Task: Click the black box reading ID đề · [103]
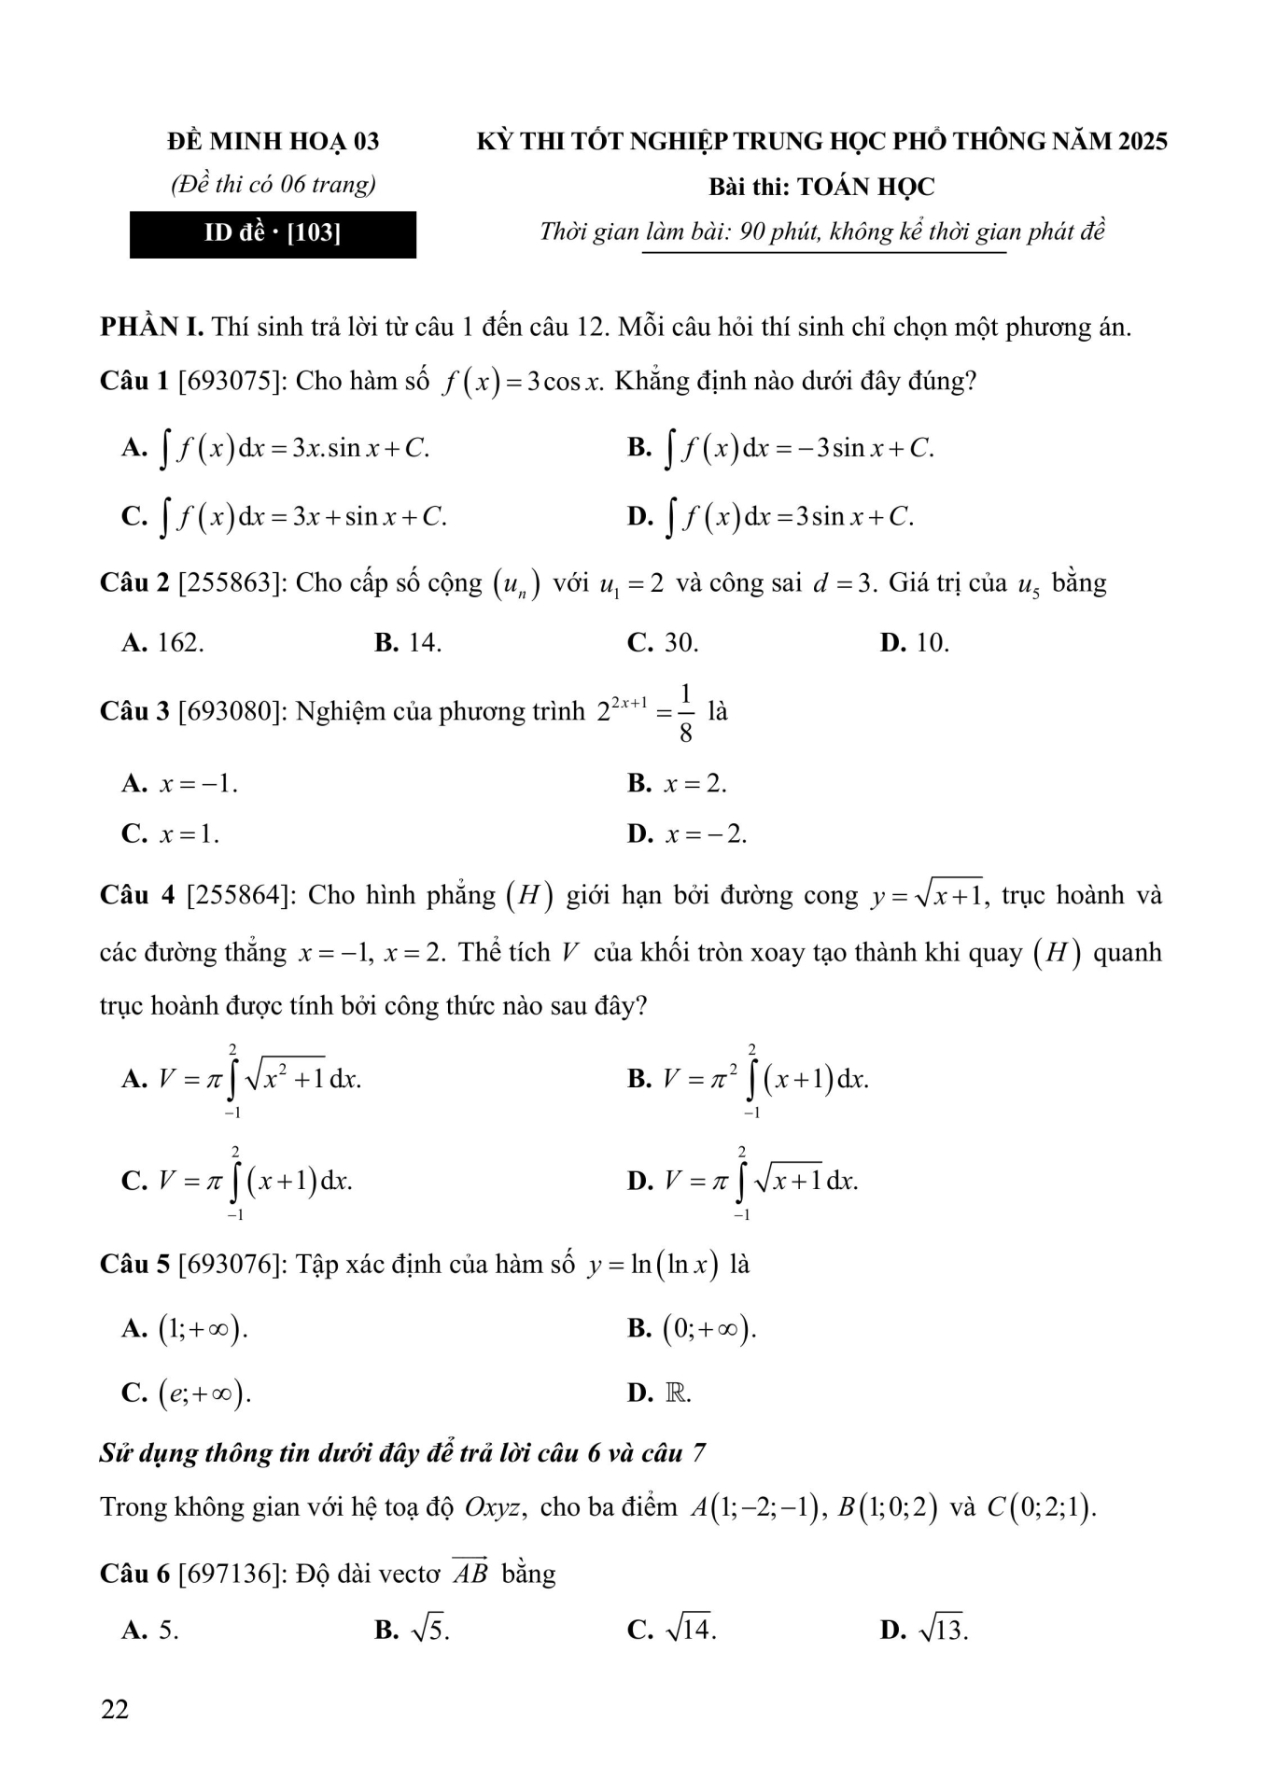coord(273,234)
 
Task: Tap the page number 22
coord(114,1709)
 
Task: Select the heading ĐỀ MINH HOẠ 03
coord(273,141)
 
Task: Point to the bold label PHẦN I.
coord(151,328)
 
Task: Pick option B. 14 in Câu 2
coord(408,643)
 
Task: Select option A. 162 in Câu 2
coord(162,643)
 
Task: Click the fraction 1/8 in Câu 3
coord(686,713)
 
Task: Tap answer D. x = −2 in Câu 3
coord(687,833)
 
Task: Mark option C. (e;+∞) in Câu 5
coord(187,1393)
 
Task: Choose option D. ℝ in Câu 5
coord(660,1393)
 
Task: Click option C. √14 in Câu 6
coord(672,1631)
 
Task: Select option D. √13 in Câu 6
coord(924,1631)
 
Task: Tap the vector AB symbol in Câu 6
coord(470,1574)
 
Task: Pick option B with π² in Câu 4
coord(749,1080)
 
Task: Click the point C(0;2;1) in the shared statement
coord(1041,1507)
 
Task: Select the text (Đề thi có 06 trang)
coord(273,185)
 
